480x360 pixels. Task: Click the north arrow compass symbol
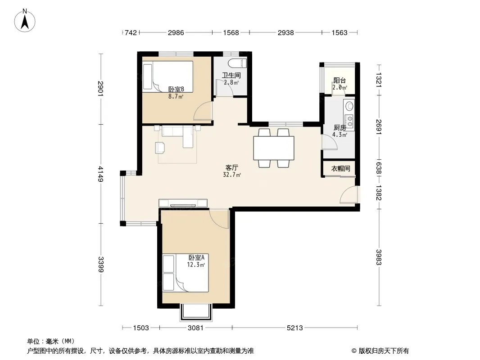(25, 20)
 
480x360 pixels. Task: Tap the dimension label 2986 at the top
(176, 33)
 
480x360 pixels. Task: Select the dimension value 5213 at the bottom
(295, 328)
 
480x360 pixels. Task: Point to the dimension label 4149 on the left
(101, 174)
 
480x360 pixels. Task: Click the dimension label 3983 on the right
(379, 257)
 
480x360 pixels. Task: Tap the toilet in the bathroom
(237, 63)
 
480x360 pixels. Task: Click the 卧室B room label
(176, 89)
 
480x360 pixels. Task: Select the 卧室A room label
(196, 257)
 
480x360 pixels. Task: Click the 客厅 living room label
(232, 167)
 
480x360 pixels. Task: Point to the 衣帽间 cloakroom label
(340, 168)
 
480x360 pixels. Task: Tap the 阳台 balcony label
(340, 81)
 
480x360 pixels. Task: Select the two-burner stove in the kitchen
(349, 121)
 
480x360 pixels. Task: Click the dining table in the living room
(274, 148)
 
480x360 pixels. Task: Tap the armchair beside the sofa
(160, 148)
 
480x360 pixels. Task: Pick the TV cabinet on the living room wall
(183, 203)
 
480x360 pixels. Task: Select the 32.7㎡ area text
(232, 175)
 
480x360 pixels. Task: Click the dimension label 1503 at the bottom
(141, 328)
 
